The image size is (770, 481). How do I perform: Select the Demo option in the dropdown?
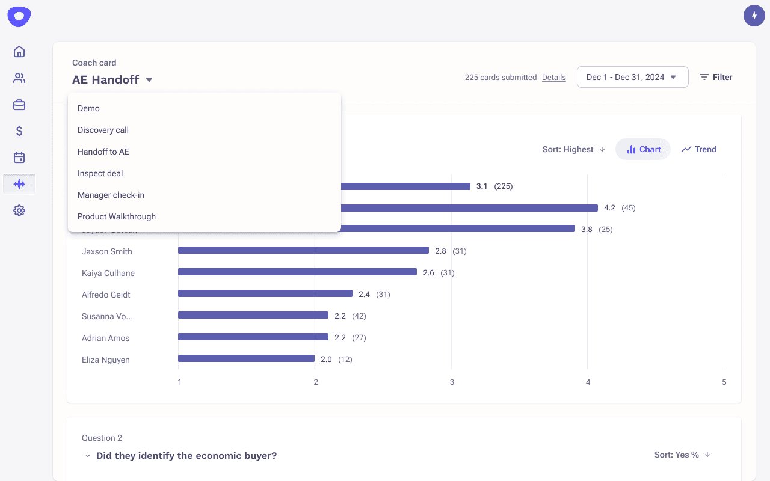point(88,108)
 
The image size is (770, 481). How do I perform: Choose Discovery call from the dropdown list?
point(103,130)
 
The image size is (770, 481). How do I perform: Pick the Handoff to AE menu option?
point(103,152)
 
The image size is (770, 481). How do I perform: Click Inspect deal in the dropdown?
point(100,173)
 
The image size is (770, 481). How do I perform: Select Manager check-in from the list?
point(111,195)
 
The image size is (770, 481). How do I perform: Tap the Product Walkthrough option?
point(117,216)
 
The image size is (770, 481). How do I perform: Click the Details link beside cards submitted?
point(553,77)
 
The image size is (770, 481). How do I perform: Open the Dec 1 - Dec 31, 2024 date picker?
point(632,77)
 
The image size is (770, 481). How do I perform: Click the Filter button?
point(716,77)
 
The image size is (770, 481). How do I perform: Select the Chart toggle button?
point(643,149)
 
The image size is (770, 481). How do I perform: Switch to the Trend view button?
point(698,149)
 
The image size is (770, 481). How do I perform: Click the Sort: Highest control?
point(573,149)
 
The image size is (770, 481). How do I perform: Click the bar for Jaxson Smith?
point(303,251)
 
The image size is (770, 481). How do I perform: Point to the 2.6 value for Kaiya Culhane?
point(428,273)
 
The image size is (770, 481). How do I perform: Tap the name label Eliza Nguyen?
point(106,360)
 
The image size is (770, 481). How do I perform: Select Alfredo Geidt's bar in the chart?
point(265,294)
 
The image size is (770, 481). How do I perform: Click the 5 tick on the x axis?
point(724,382)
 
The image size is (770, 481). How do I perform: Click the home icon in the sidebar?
point(19,52)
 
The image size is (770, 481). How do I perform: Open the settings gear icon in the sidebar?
point(19,210)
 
